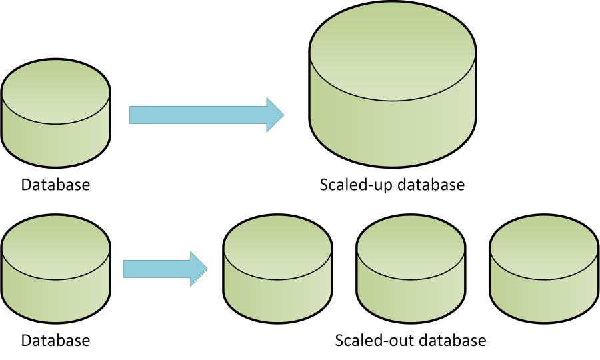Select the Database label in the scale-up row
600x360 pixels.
(x=55, y=185)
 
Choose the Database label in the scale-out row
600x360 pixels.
(x=55, y=341)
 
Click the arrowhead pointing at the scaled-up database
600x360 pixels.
(x=275, y=115)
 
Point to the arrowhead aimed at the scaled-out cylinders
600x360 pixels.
(x=199, y=269)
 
